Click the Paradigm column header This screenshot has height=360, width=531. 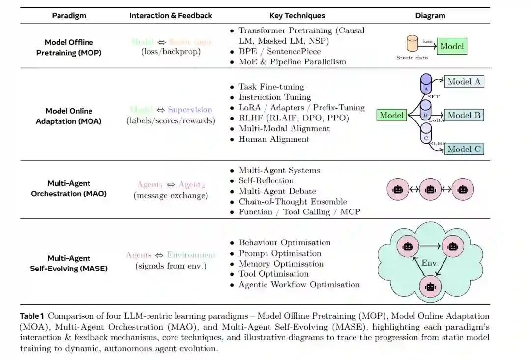69,15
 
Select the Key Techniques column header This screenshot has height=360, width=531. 297,15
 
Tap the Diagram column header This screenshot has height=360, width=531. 430,15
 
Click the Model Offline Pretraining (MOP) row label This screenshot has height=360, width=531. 69,47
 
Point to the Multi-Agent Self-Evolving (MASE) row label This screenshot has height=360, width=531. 69,263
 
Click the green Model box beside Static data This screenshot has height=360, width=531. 451,46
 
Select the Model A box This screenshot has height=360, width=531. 464,82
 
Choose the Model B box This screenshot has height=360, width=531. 464,115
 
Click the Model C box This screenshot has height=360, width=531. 464,149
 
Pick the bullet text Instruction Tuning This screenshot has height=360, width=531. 274,97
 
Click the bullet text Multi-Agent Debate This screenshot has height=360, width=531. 277,191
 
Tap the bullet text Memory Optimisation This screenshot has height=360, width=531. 281,264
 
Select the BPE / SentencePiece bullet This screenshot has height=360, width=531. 279,51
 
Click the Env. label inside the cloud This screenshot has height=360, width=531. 430,263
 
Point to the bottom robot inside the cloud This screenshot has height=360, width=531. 430,285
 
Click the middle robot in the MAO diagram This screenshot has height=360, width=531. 430,189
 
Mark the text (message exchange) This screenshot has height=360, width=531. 171,195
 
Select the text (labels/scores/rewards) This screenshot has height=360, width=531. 171,120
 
